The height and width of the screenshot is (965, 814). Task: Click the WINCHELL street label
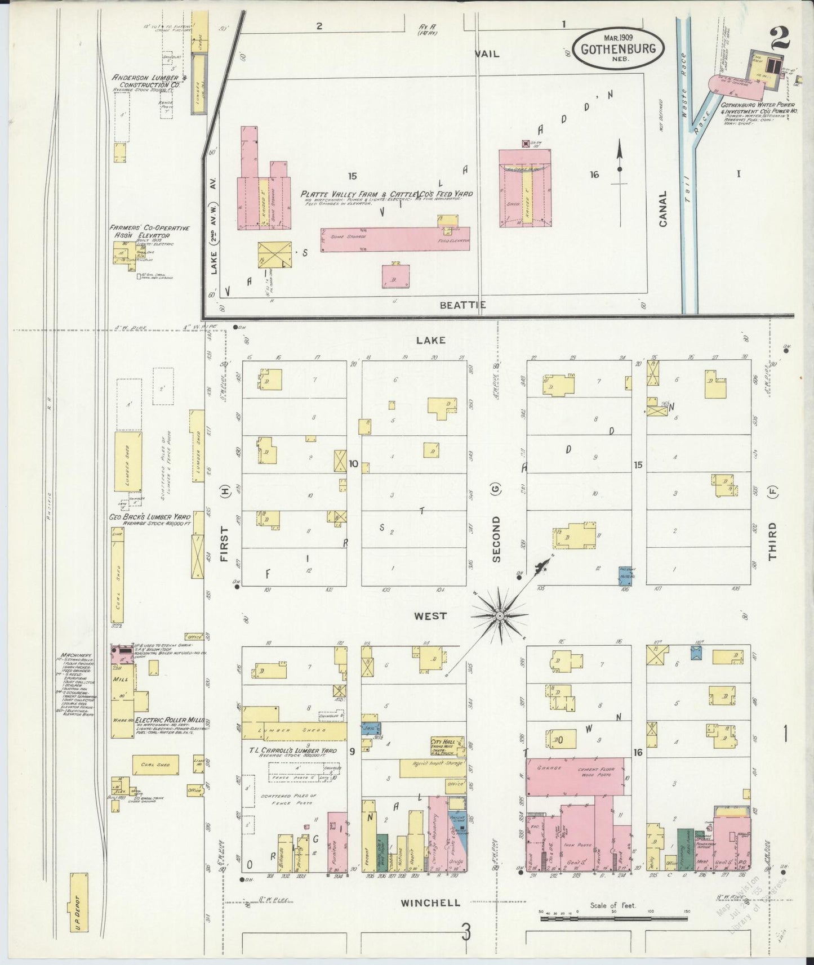430,903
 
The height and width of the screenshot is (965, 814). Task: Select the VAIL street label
487,54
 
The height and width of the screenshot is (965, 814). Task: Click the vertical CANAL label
662,209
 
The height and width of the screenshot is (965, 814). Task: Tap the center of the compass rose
499,616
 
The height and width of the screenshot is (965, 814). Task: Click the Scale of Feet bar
614,918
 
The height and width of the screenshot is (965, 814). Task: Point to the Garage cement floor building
575,776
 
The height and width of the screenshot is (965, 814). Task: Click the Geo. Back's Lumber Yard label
150,516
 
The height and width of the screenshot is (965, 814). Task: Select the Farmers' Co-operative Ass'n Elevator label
149,231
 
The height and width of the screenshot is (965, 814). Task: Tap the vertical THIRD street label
772,541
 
